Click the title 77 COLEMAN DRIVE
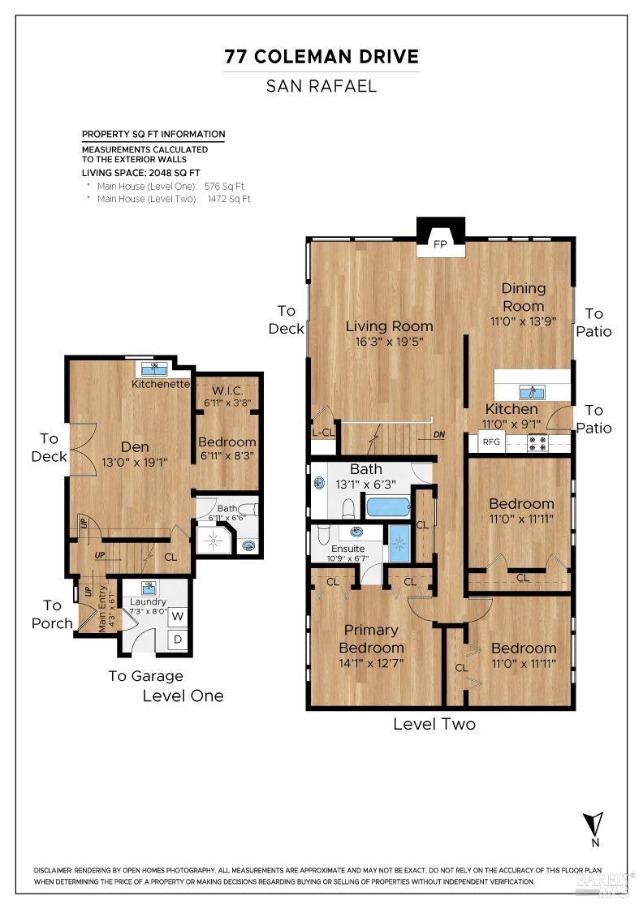[321, 57]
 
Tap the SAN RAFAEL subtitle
[321, 86]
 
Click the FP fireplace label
[440, 244]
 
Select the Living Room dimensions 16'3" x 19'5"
[389, 342]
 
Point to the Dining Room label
[523, 297]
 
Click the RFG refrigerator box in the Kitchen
[491, 442]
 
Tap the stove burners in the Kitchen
[537, 443]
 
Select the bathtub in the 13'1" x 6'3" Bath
[388, 507]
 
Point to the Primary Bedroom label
[371, 639]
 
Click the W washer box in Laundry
[178, 616]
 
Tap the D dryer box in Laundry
[178, 640]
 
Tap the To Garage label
[146, 676]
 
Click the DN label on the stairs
[439, 434]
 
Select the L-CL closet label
[322, 433]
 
